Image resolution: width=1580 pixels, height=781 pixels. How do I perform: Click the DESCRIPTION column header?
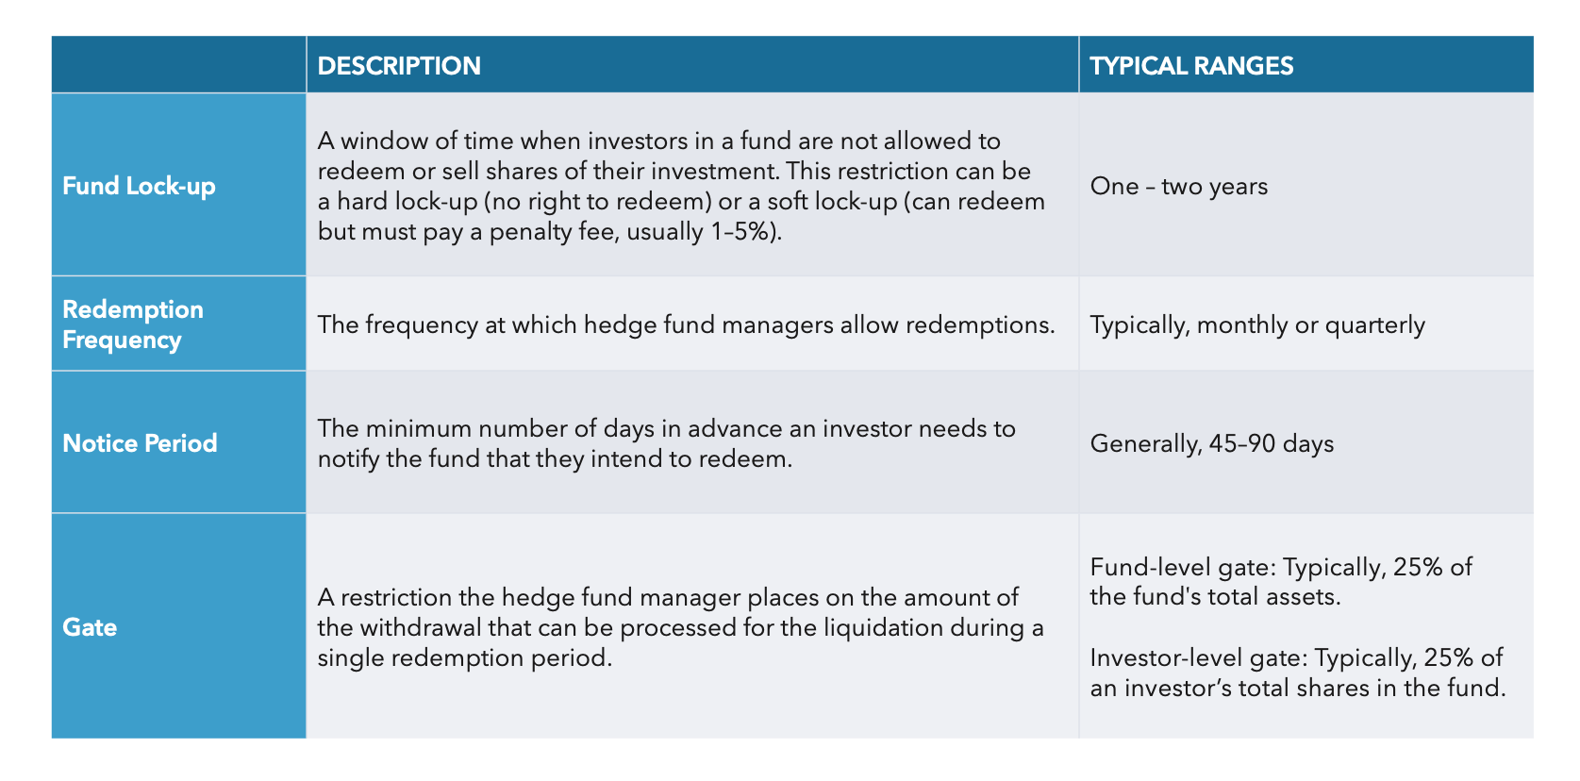click(x=399, y=66)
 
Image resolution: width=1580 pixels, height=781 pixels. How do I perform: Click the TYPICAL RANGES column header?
click(x=1191, y=66)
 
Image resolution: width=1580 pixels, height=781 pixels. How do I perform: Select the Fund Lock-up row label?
click(x=139, y=186)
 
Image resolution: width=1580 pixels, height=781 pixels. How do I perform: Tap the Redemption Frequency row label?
click(x=133, y=324)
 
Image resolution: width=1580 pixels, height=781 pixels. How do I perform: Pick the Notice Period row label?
click(x=140, y=443)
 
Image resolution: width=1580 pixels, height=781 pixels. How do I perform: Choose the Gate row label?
click(x=90, y=627)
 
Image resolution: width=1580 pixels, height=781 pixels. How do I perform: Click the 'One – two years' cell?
click(x=1178, y=186)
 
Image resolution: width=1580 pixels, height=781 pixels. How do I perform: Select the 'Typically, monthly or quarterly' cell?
click(x=1256, y=324)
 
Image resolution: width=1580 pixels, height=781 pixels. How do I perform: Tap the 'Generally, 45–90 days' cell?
click(x=1211, y=443)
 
